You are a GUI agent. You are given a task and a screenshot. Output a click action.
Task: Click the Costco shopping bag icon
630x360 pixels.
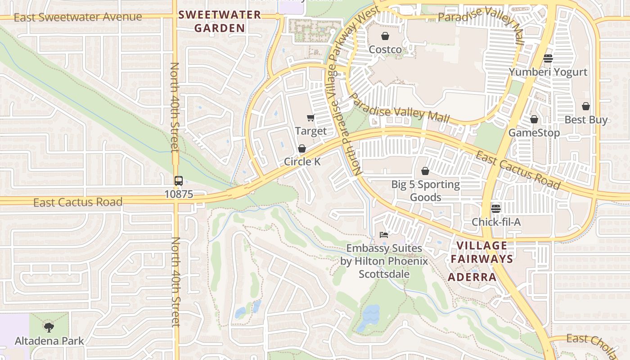pyautogui.click(x=385, y=36)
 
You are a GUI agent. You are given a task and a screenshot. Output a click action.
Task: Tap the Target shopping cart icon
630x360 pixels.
pyautogui.click(x=310, y=118)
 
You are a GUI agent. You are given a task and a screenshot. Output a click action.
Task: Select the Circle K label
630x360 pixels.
pyautogui.click(x=302, y=162)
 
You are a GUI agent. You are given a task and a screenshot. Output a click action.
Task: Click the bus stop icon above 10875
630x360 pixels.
pyautogui.click(x=179, y=181)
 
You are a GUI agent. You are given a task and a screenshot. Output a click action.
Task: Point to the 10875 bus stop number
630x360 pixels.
pyautogui.click(x=179, y=194)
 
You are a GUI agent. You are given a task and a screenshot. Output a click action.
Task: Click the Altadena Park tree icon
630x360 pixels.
pyautogui.click(x=49, y=327)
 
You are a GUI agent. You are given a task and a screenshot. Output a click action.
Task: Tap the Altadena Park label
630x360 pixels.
pyautogui.click(x=49, y=341)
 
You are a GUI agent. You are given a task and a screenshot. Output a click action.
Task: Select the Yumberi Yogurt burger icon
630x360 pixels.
pyautogui.click(x=548, y=58)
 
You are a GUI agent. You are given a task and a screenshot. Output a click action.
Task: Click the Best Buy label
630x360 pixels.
pyautogui.click(x=586, y=120)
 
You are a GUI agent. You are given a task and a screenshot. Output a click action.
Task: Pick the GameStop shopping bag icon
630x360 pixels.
pyautogui.click(x=534, y=119)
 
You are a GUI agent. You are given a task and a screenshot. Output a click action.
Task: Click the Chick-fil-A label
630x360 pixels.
pyautogui.click(x=496, y=222)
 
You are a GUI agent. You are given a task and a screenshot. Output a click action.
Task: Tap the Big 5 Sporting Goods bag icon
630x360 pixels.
pyautogui.click(x=425, y=171)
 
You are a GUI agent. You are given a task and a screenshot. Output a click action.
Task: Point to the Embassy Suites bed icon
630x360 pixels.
pyautogui.click(x=384, y=234)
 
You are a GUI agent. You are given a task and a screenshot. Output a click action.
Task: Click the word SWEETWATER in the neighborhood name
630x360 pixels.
pyautogui.click(x=220, y=15)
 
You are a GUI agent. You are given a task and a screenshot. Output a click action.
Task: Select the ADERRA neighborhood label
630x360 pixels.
pyautogui.click(x=472, y=277)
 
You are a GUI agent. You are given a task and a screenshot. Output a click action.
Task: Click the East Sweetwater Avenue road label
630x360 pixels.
pyautogui.click(x=78, y=17)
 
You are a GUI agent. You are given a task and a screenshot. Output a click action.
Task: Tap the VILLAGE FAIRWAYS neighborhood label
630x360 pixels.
pyautogui.click(x=482, y=252)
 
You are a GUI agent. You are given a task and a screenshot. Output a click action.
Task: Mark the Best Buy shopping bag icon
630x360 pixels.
pyautogui.click(x=585, y=106)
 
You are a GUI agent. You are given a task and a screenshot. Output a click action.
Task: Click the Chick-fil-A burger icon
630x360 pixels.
pyautogui.click(x=496, y=208)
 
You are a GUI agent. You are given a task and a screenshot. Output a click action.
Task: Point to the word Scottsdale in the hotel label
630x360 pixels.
pyautogui.click(x=384, y=274)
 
